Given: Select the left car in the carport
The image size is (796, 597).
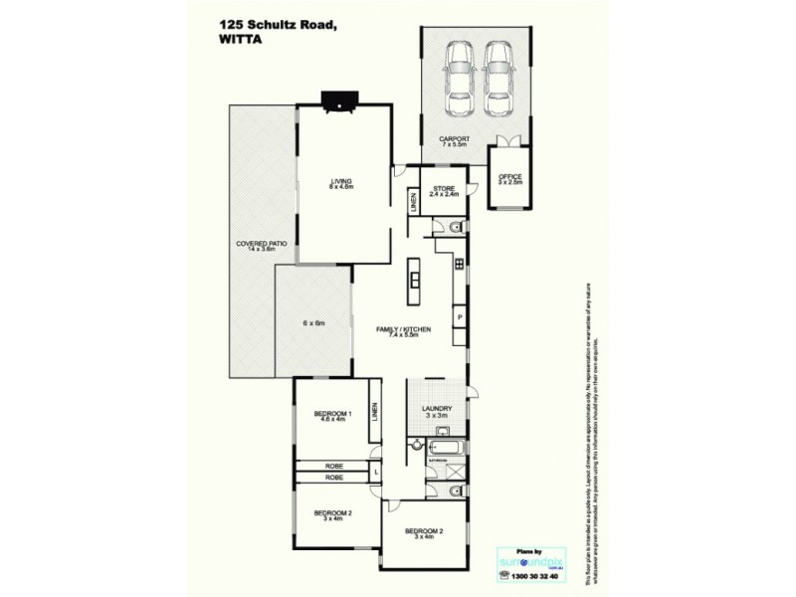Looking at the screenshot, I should [x=461, y=79].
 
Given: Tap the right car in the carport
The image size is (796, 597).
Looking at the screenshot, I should [x=498, y=79].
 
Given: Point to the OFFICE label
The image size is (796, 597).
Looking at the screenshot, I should [x=509, y=179].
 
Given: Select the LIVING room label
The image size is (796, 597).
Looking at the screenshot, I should [x=342, y=181].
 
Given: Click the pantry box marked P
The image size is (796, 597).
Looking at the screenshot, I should [x=460, y=317].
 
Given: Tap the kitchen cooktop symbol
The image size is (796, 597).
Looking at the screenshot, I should [x=459, y=264].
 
